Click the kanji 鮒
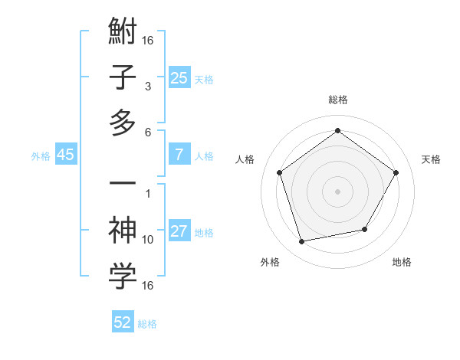(123, 33)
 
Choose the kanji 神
(123, 231)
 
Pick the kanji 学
(123, 277)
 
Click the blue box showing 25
(179, 78)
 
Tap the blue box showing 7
(179, 155)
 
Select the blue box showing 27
(179, 231)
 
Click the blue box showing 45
(65, 155)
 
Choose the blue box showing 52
(123, 322)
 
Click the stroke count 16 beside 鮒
(148, 39)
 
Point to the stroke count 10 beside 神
(148, 240)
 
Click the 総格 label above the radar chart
(337, 100)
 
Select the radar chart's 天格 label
(431, 159)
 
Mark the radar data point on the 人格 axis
(279, 172)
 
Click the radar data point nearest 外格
(301, 242)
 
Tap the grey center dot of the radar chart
(337, 191)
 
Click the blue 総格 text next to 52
(147, 324)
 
